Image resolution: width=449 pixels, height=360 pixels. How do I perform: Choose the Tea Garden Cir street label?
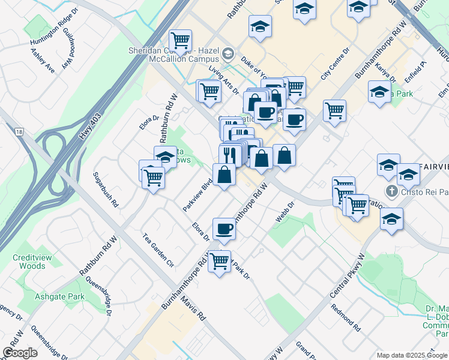coord(157,251)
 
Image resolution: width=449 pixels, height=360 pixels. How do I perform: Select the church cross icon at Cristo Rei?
coord(392,191)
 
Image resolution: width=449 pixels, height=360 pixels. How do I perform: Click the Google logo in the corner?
coord(20,352)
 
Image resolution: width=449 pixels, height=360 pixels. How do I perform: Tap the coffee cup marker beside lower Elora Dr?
coord(224,229)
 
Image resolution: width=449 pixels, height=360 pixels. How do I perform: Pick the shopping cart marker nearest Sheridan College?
coord(180,41)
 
